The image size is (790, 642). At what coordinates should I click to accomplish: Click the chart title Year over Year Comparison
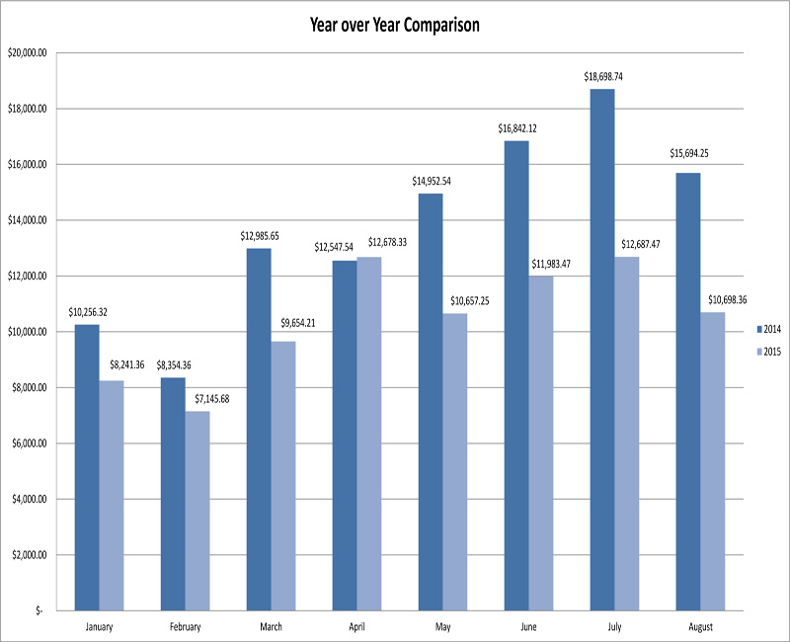tap(395, 26)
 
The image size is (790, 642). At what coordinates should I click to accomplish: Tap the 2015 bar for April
tap(368, 434)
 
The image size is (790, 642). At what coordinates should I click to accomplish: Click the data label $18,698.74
tap(601, 75)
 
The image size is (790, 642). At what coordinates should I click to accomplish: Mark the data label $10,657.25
tap(455, 300)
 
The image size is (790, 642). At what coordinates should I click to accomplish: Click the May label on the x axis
tap(442, 626)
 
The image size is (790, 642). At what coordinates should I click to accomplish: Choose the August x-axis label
tap(699, 626)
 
